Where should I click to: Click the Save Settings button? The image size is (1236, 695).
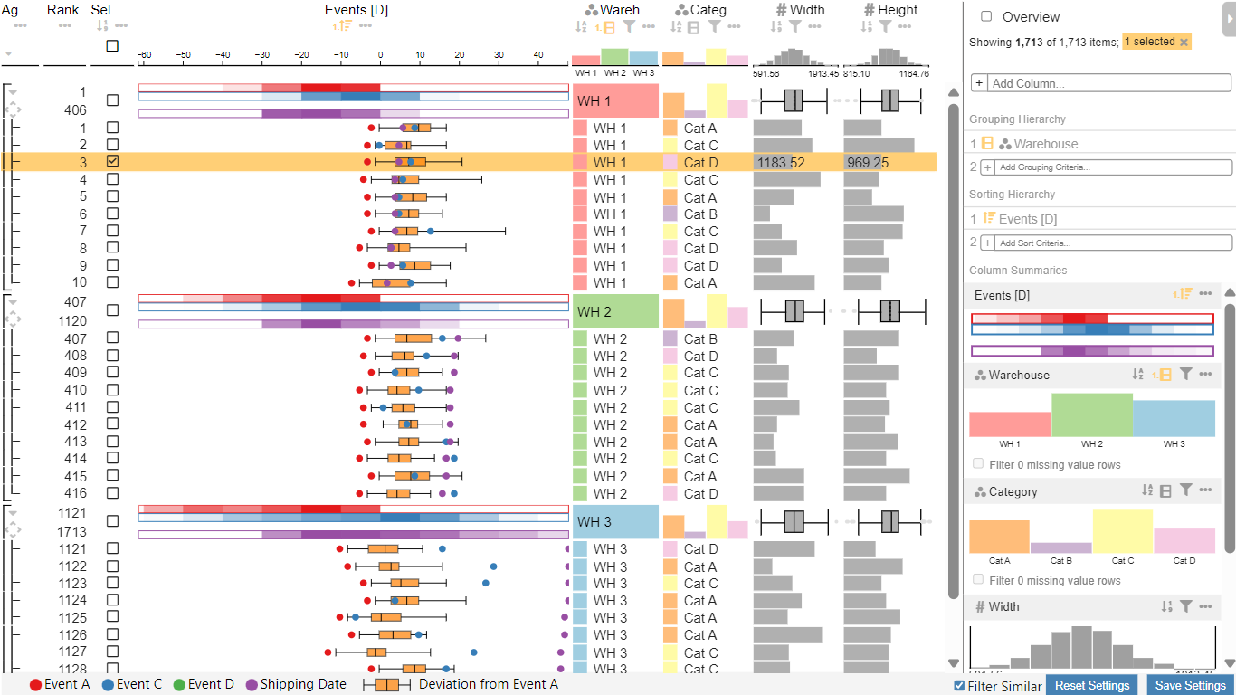coord(1191,685)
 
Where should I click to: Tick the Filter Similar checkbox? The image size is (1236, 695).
coord(960,686)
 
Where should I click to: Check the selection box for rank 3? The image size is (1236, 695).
coord(112,161)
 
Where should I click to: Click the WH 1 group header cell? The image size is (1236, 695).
coord(615,101)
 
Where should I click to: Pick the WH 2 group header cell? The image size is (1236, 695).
coord(615,312)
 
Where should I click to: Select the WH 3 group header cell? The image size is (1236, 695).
coord(615,522)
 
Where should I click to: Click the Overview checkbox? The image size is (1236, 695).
coord(986,16)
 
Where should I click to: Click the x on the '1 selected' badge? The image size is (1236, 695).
coord(1184,43)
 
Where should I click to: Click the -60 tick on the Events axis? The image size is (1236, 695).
coord(144,56)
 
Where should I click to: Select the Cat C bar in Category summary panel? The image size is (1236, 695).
coord(1122,531)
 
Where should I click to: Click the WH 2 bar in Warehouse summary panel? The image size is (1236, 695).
coord(1091,415)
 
